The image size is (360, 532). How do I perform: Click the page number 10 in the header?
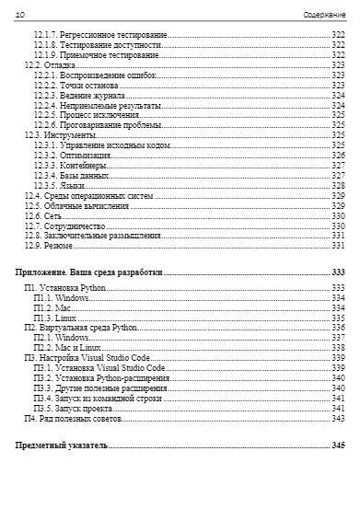click(20, 15)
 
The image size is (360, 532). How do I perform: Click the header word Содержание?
click(324, 15)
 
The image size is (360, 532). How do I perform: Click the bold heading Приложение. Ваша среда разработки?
click(89, 272)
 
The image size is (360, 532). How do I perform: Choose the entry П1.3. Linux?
click(56, 318)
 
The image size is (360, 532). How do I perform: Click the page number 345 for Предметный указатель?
click(338, 445)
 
